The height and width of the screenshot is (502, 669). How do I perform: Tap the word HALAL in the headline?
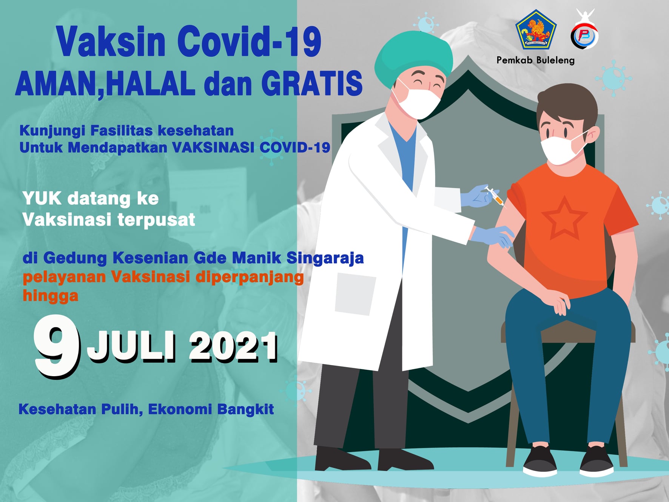[x=150, y=83]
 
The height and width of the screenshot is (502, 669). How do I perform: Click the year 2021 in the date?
[x=233, y=346]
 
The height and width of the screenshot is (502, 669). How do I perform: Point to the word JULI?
[x=132, y=346]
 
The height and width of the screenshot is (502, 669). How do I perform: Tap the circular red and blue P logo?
[x=584, y=36]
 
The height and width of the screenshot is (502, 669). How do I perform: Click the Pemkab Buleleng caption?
[x=535, y=60]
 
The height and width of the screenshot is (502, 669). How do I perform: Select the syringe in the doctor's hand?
[x=495, y=196]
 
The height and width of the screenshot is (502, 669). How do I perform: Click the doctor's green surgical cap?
[x=413, y=57]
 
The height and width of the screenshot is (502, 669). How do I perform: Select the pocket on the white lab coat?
[x=355, y=295]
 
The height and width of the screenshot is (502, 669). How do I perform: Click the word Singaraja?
[x=325, y=258]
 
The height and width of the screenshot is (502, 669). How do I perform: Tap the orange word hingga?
[x=51, y=296]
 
